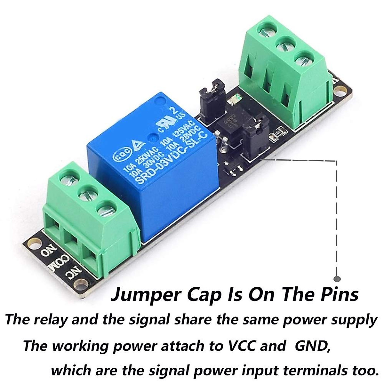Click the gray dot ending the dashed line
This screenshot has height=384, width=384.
click(x=337, y=279)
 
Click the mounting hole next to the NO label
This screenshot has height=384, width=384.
click(x=32, y=243)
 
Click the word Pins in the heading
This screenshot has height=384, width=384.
click(x=339, y=295)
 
